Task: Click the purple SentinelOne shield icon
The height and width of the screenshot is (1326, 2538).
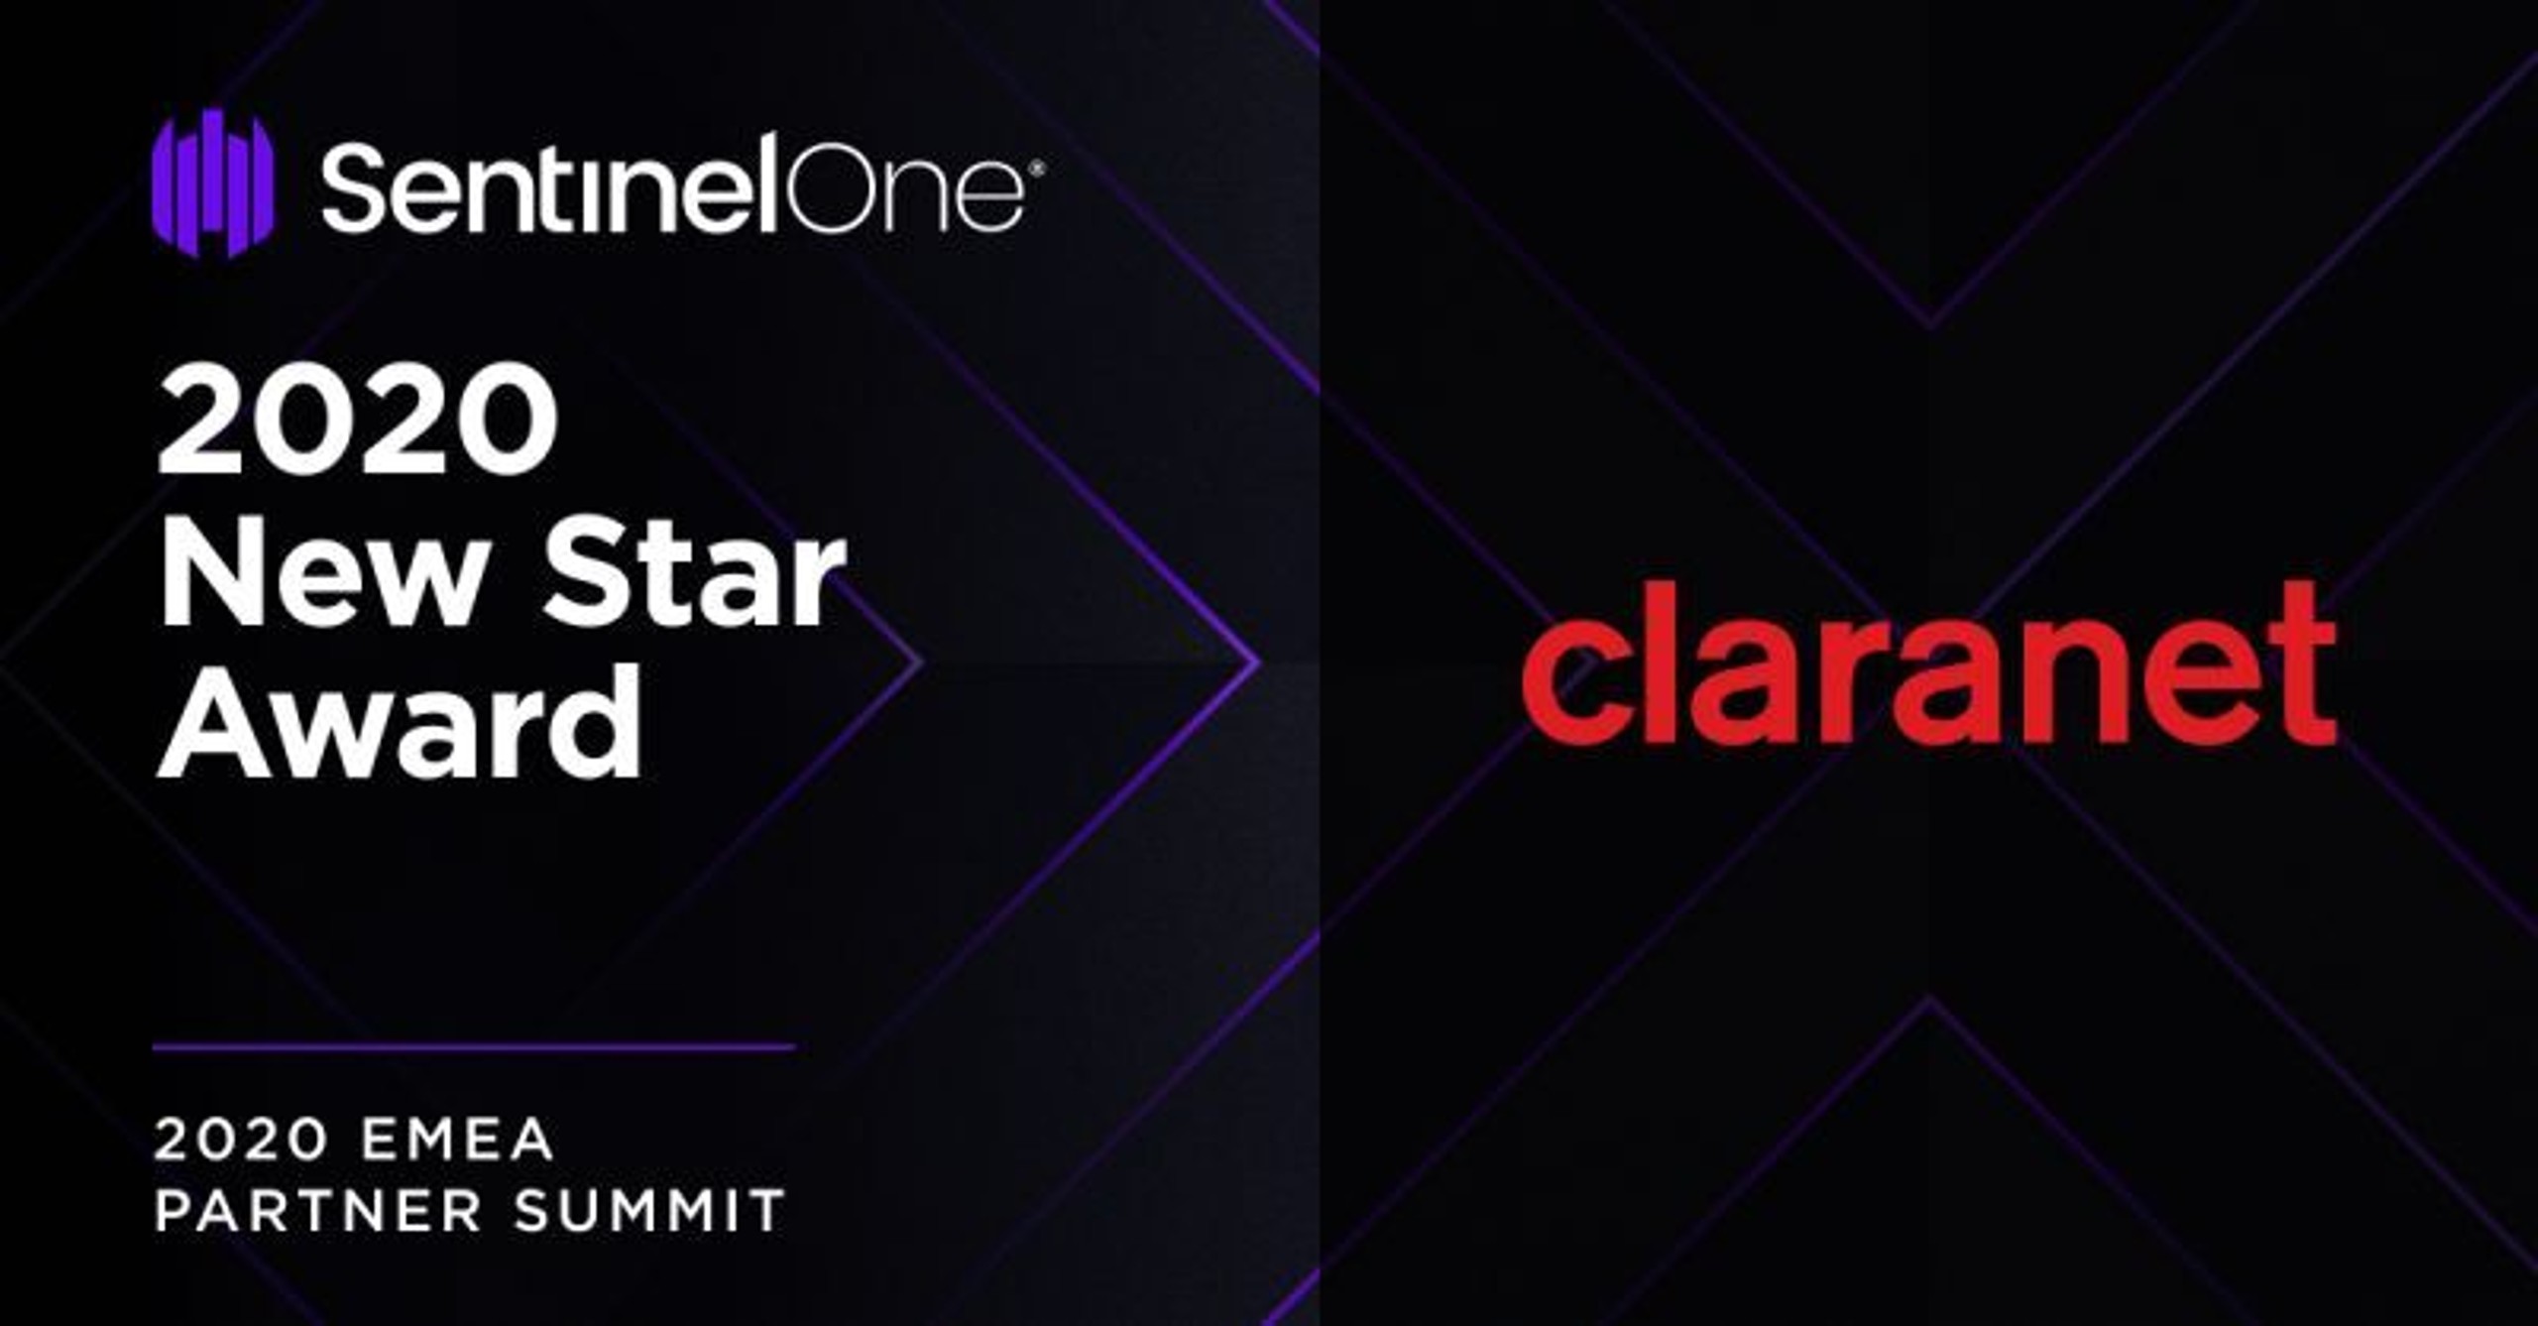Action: coord(212,182)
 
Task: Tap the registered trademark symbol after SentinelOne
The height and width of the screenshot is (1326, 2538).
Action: coord(1036,170)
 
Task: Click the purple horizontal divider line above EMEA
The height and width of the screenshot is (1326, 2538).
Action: coord(474,1046)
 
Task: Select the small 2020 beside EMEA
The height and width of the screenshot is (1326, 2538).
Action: coord(241,1139)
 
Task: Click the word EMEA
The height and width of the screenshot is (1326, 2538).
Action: coord(457,1139)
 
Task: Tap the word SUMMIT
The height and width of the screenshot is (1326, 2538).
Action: coord(650,1211)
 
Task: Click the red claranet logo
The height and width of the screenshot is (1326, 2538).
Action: coord(1929,663)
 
